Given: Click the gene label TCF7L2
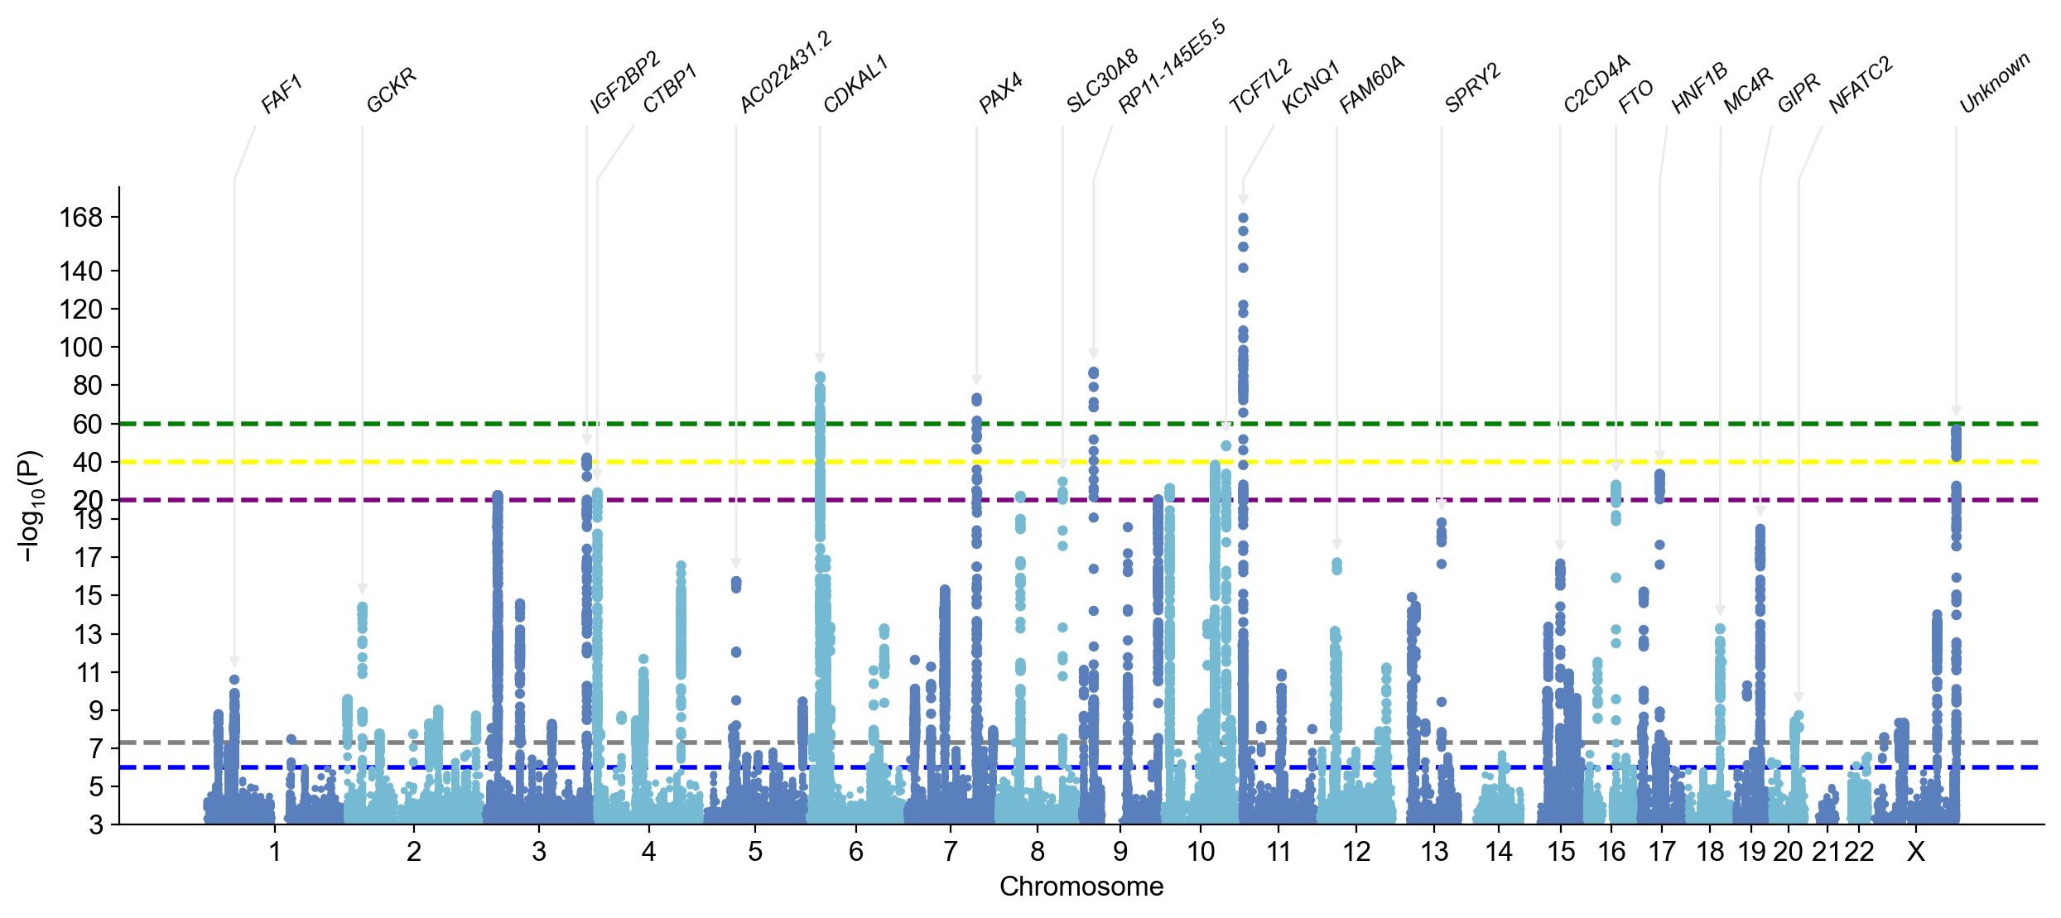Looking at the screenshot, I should (1260, 87).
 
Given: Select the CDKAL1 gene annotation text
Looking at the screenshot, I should (855, 84).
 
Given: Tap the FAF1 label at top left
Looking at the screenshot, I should (282, 94).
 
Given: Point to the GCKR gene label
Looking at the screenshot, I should (391, 91).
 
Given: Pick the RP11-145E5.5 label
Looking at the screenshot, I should (1171, 68).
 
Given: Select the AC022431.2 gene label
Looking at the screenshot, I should (785, 72).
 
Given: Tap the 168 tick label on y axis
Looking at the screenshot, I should (80, 218).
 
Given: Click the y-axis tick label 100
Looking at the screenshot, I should (80, 347).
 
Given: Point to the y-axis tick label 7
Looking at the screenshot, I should (95, 748).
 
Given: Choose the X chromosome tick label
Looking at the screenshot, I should (1915, 851).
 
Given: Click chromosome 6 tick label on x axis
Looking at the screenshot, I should (855, 851).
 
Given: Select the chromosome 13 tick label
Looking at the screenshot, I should (1434, 851).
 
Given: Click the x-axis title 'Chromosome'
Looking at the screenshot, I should (1081, 887).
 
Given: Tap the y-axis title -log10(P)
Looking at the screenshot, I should (29, 506).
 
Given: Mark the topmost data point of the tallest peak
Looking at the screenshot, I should (1243, 219).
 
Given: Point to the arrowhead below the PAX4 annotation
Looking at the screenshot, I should (976, 381).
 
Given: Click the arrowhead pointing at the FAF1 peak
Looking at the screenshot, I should (234, 661).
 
